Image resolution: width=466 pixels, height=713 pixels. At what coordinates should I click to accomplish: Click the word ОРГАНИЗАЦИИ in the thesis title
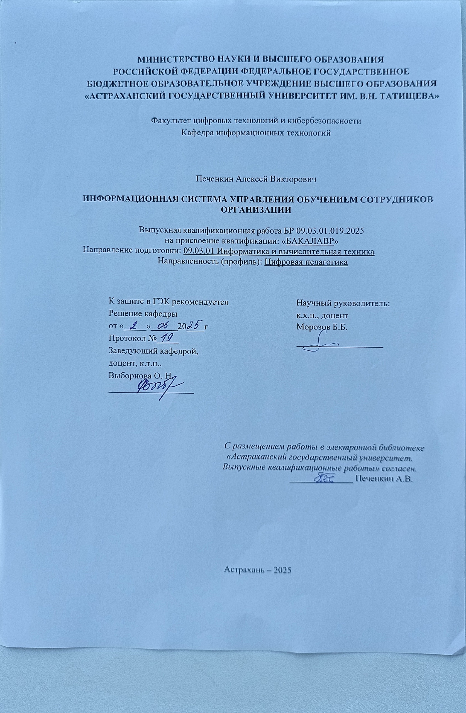pyautogui.click(x=256, y=210)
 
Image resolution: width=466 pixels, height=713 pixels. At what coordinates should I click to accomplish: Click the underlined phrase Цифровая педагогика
pyautogui.click(x=307, y=262)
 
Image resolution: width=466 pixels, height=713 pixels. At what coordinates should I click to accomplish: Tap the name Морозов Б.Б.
pyautogui.click(x=321, y=326)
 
